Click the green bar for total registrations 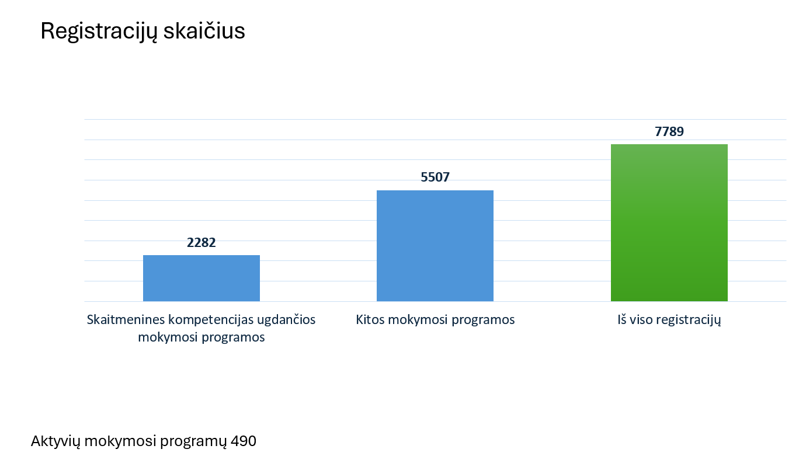coord(669,222)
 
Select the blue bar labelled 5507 coord(435,246)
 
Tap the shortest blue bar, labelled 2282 coord(201,278)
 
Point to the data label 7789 coord(669,131)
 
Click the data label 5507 coord(435,177)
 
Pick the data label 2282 coord(201,242)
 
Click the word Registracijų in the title coord(99,32)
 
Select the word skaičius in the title coord(204,32)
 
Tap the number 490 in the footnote coord(244,441)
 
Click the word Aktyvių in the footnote coord(55,441)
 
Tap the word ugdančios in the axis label coord(289,321)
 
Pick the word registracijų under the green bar coord(689,321)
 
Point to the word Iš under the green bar coord(623,320)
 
